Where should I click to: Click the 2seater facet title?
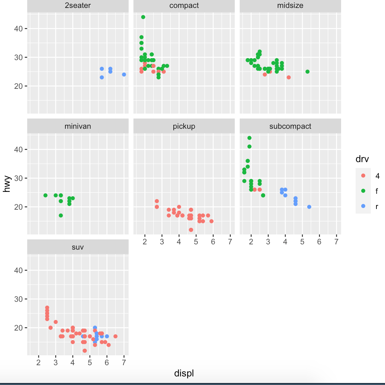click(x=78, y=6)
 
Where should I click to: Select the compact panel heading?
click(x=184, y=6)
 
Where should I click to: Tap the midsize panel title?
click(x=290, y=6)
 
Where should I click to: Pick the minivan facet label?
click(x=78, y=126)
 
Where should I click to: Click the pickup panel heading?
click(x=184, y=126)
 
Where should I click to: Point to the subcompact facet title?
click(x=290, y=126)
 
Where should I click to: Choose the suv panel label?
click(x=78, y=247)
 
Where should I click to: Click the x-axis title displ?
click(x=184, y=373)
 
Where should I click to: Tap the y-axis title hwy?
click(x=7, y=184)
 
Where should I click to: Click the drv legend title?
click(x=362, y=159)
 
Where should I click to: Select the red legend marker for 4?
click(x=363, y=176)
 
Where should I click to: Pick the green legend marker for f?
click(x=363, y=191)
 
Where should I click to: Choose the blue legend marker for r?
click(x=363, y=206)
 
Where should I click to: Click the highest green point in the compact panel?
click(x=143, y=17)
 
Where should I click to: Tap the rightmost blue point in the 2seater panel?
click(x=124, y=75)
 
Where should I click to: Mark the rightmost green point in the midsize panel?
click(x=307, y=72)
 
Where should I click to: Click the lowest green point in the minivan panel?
click(x=61, y=216)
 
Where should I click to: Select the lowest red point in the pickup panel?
click(x=191, y=230)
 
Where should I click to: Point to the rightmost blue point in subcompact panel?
click(x=309, y=207)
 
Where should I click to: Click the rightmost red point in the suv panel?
click(x=115, y=336)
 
